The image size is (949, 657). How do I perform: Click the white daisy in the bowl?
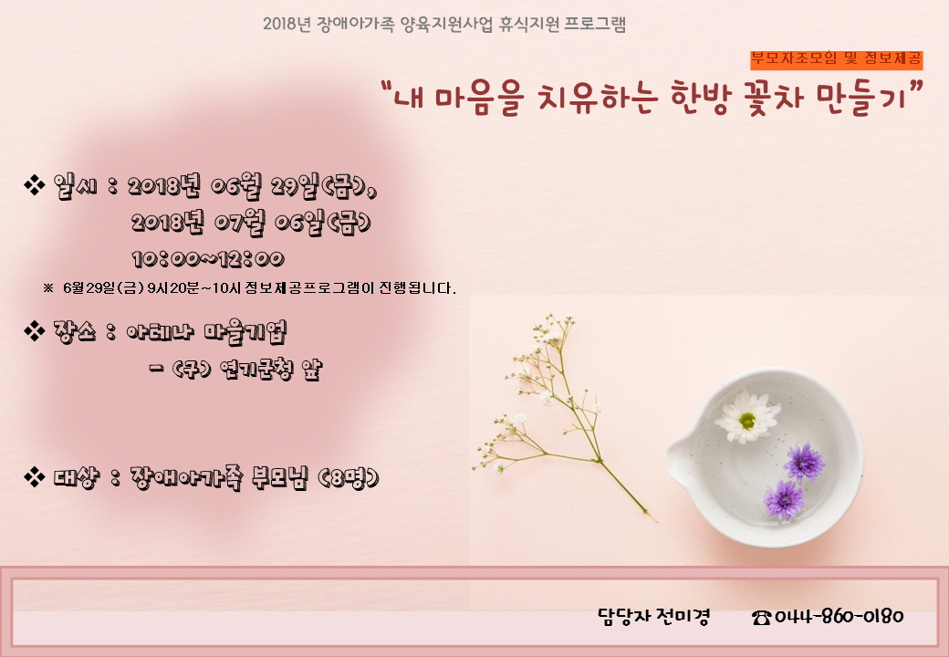(747, 417)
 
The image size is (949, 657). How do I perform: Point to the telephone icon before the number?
(761, 617)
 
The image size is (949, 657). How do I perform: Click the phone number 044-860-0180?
(839, 617)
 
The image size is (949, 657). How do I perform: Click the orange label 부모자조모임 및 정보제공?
(837, 59)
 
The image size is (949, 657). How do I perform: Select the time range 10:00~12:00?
(208, 259)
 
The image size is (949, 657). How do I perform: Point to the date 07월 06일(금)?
(294, 223)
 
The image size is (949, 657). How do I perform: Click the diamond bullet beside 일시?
(34, 185)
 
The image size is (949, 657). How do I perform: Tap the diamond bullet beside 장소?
(34, 330)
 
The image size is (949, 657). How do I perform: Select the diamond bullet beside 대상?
(34, 476)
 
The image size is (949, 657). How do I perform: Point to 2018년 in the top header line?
(287, 25)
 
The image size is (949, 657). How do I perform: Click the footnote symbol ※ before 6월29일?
(48, 288)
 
